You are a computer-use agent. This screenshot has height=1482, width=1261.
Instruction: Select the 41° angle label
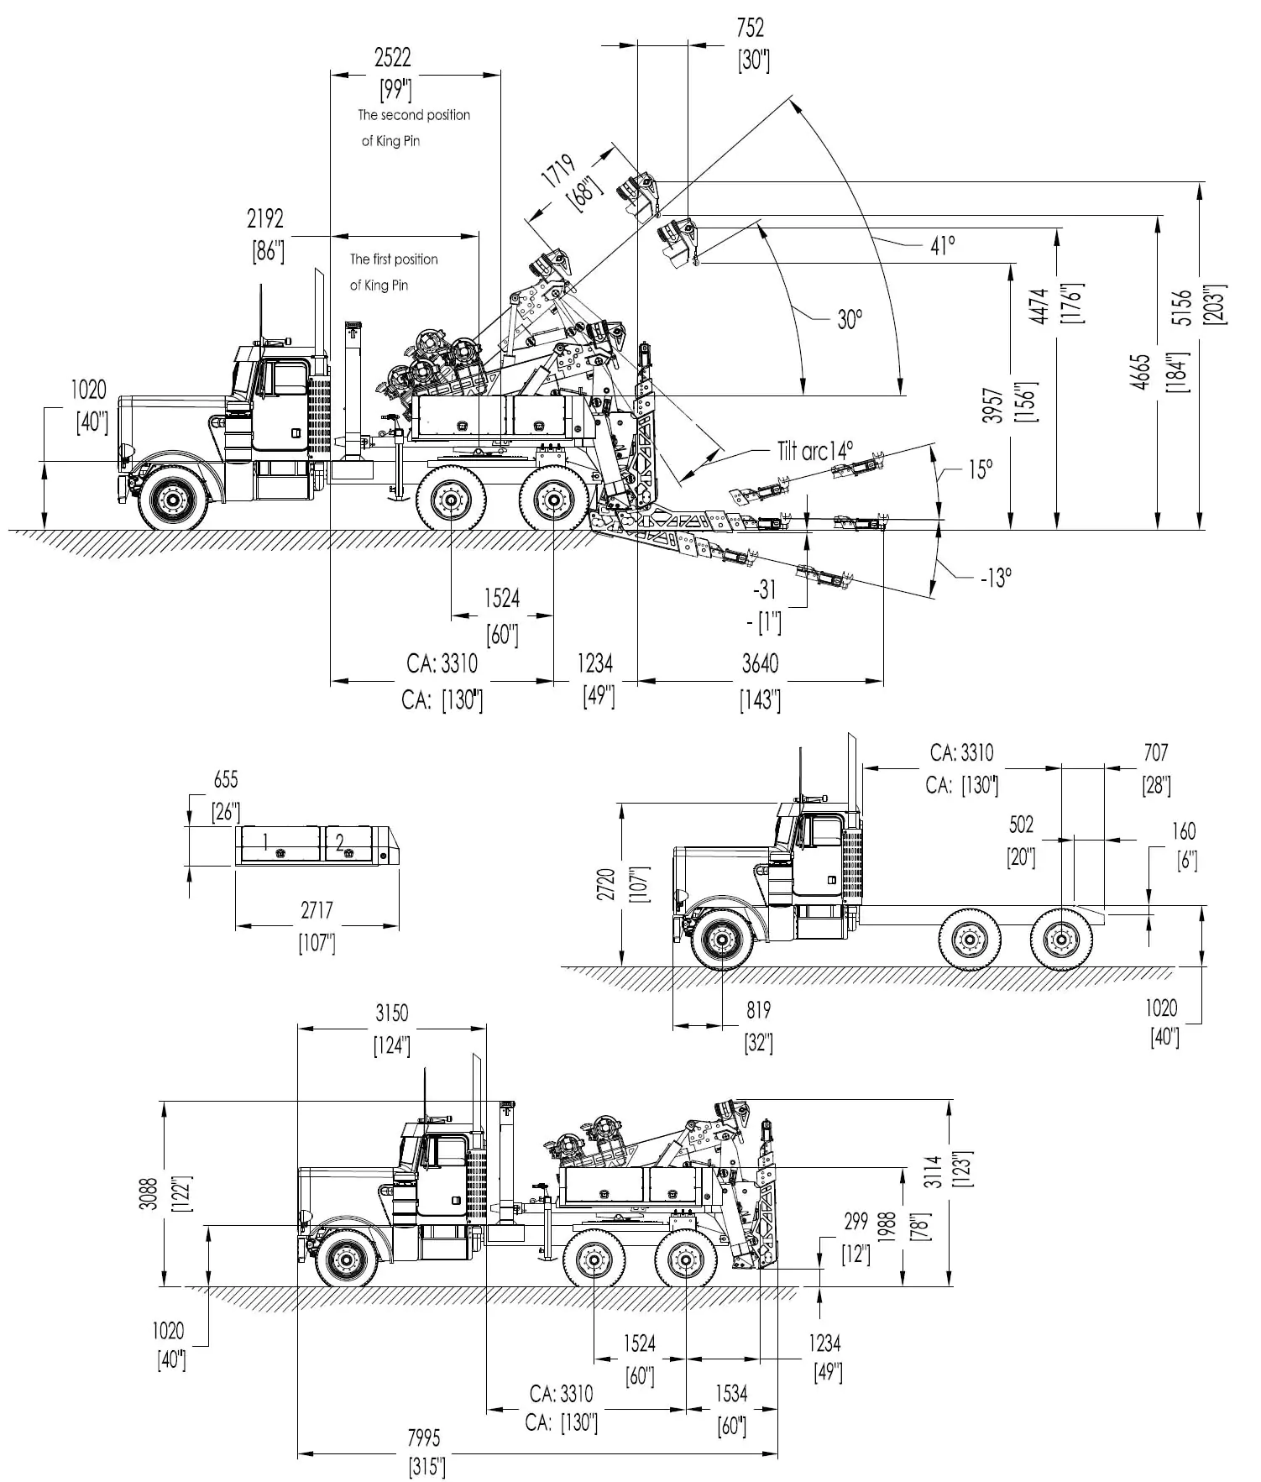point(943,245)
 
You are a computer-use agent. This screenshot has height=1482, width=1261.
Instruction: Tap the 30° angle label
point(850,319)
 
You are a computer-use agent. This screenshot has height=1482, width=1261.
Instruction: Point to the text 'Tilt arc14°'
point(815,451)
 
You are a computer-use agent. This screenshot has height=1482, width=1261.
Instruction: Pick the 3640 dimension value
point(760,663)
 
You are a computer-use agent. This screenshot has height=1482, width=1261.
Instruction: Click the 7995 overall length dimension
point(423,1437)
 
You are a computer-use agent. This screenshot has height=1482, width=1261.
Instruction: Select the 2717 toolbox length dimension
point(317,909)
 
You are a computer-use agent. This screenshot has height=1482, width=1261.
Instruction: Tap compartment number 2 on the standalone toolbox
point(340,842)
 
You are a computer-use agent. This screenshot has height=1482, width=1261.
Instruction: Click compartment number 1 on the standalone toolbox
point(265,841)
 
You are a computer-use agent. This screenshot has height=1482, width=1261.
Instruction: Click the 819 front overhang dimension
point(757,1010)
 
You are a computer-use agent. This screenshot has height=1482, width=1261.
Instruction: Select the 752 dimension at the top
point(750,28)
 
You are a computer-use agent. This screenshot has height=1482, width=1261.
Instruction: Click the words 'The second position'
point(414,115)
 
